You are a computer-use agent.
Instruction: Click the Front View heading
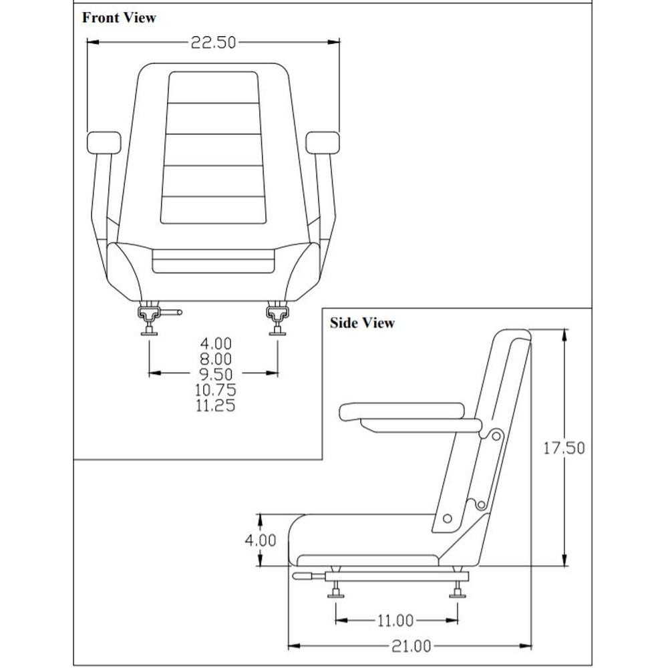point(119,18)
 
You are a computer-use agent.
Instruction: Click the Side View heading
point(362,323)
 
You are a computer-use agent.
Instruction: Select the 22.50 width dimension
point(214,43)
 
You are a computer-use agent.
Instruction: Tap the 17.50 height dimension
point(562,448)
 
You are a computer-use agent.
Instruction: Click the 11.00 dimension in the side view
point(395,621)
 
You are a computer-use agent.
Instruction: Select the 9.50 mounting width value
point(215,373)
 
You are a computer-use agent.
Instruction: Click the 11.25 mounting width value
point(215,405)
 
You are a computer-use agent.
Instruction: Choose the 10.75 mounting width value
point(215,389)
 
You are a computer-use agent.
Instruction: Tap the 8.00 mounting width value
point(215,359)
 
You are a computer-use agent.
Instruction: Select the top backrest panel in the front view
point(213,88)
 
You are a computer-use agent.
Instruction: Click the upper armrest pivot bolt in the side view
point(495,435)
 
